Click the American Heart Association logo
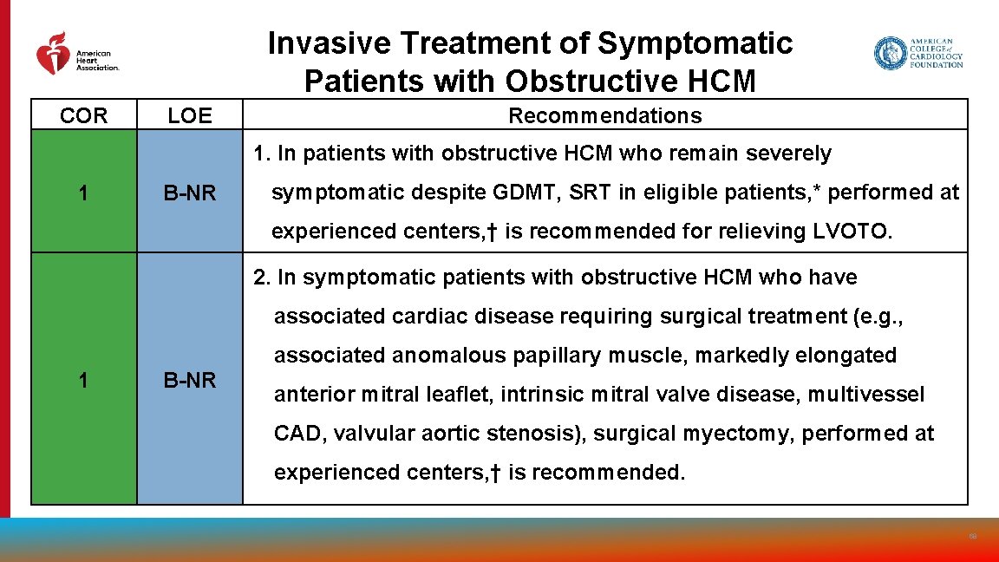pyautogui.click(x=76, y=54)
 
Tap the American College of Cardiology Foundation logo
pyautogui.click(x=918, y=53)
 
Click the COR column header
pyautogui.click(x=83, y=115)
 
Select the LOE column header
pyautogui.click(x=189, y=115)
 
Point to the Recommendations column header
pyautogui.click(x=604, y=115)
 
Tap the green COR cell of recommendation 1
pyautogui.click(x=83, y=193)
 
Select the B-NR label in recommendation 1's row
pyautogui.click(x=189, y=193)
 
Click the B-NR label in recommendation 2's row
pyautogui.click(x=189, y=380)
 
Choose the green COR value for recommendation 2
pyautogui.click(x=83, y=380)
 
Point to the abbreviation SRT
pyautogui.click(x=591, y=193)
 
